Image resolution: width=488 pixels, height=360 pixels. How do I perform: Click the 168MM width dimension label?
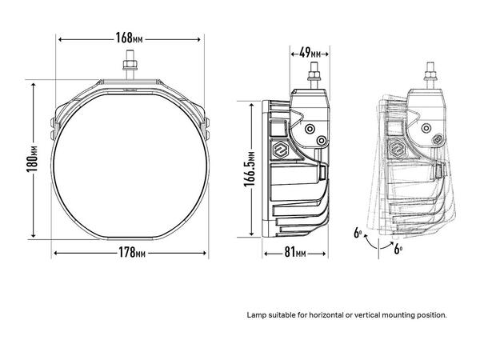(x=129, y=38)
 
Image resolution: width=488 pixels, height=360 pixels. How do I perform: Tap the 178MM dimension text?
(x=133, y=254)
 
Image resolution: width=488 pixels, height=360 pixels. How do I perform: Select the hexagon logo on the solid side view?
(x=282, y=150)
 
